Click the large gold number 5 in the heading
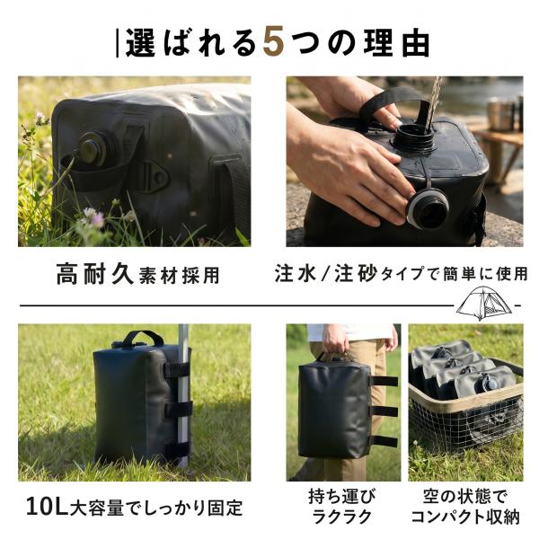pyautogui.click(x=274, y=42)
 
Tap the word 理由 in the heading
pyautogui.click(x=397, y=43)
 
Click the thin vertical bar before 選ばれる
pyautogui.click(x=118, y=43)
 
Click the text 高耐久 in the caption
pyautogui.click(x=94, y=273)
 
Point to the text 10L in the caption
pyautogui.click(x=47, y=507)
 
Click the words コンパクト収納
pyautogui.click(x=465, y=517)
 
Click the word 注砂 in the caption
pyautogui.click(x=356, y=273)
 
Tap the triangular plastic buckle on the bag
pyautogui.click(x=154, y=176)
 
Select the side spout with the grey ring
pyautogui.click(x=428, y=208)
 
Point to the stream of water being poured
pyautogui.click(x=433, y=103)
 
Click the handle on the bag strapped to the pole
pyautogui.click(x=142, y=337)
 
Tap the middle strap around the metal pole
pyautogui.click(x=177, y=410)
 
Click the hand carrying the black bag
pyautogui.click(x=336, y=340)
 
